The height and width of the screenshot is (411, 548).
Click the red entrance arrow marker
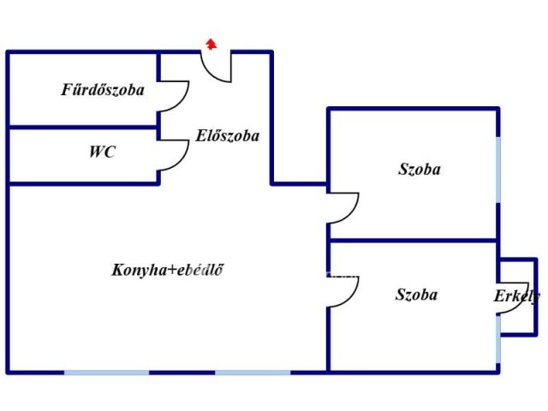tap(211, 43)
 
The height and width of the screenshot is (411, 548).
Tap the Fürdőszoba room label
tap(103, 89)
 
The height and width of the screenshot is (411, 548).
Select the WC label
tap(102, 152)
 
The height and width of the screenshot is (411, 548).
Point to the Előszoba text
tap(227, 135)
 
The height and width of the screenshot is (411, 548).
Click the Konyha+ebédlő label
tap(168, 270)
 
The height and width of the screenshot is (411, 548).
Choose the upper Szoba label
tap(420, 170)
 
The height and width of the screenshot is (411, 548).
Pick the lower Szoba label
tap(416, 295)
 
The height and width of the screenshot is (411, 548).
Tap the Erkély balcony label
tap(516, 296)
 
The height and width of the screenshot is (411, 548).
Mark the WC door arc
tap(176, 156)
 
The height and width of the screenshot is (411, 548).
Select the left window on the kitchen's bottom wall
tap(106, 372)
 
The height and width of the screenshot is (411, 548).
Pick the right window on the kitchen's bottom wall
tap(253, 372)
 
